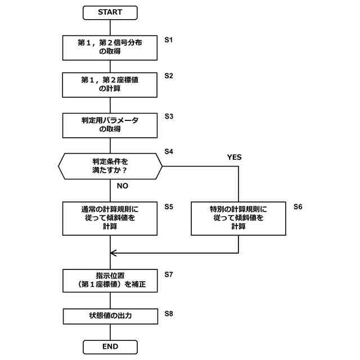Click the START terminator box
(x=110, y=12)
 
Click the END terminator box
(x=110, y=347)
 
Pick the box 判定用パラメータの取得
(x=110, y=125)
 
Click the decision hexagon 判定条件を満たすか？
(x=110, y=166)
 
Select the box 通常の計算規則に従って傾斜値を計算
(x=110, y=218)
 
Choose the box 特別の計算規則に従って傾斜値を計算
(x=238, y=218)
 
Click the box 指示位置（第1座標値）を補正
(x=110, y=281)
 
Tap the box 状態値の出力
(x=110, y=316)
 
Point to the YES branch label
(x=234, y=157)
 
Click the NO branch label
(x=123, y=185)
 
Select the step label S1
(x=168, y=40)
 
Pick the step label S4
(x=168, y=151)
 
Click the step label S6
(x=298, y=206)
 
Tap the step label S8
(x=168, y=312)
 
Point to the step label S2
(x=168, y=75)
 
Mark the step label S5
(x=168, y=206)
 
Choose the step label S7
(x=168, y=274)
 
